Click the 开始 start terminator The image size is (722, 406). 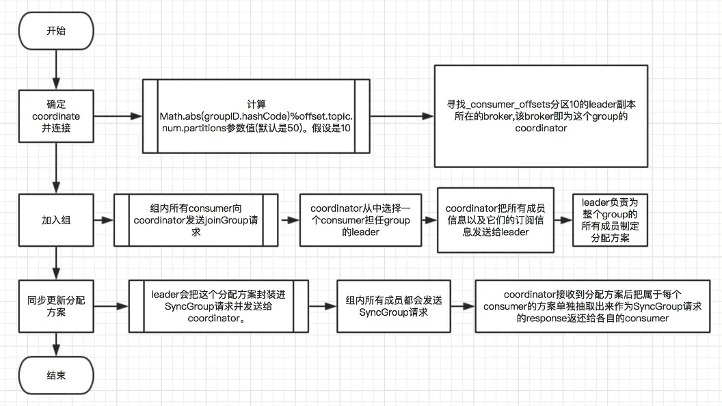click(57, 31)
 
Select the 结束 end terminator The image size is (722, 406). click(57, 375)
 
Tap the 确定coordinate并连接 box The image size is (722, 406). click(57, 117)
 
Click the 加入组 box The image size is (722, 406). click(57, 221)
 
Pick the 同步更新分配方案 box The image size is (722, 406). click(57, 306)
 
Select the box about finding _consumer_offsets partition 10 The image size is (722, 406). click(540, 116)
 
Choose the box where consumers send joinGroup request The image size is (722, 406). click(196, 220)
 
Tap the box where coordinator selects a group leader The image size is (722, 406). click(360, 220)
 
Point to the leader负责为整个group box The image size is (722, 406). click(609, 220)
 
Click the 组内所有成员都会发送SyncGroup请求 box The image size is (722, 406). click(394, 306)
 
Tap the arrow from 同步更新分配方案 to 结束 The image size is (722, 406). click(57, 344)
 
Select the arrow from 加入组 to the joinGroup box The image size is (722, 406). click(103, 221)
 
